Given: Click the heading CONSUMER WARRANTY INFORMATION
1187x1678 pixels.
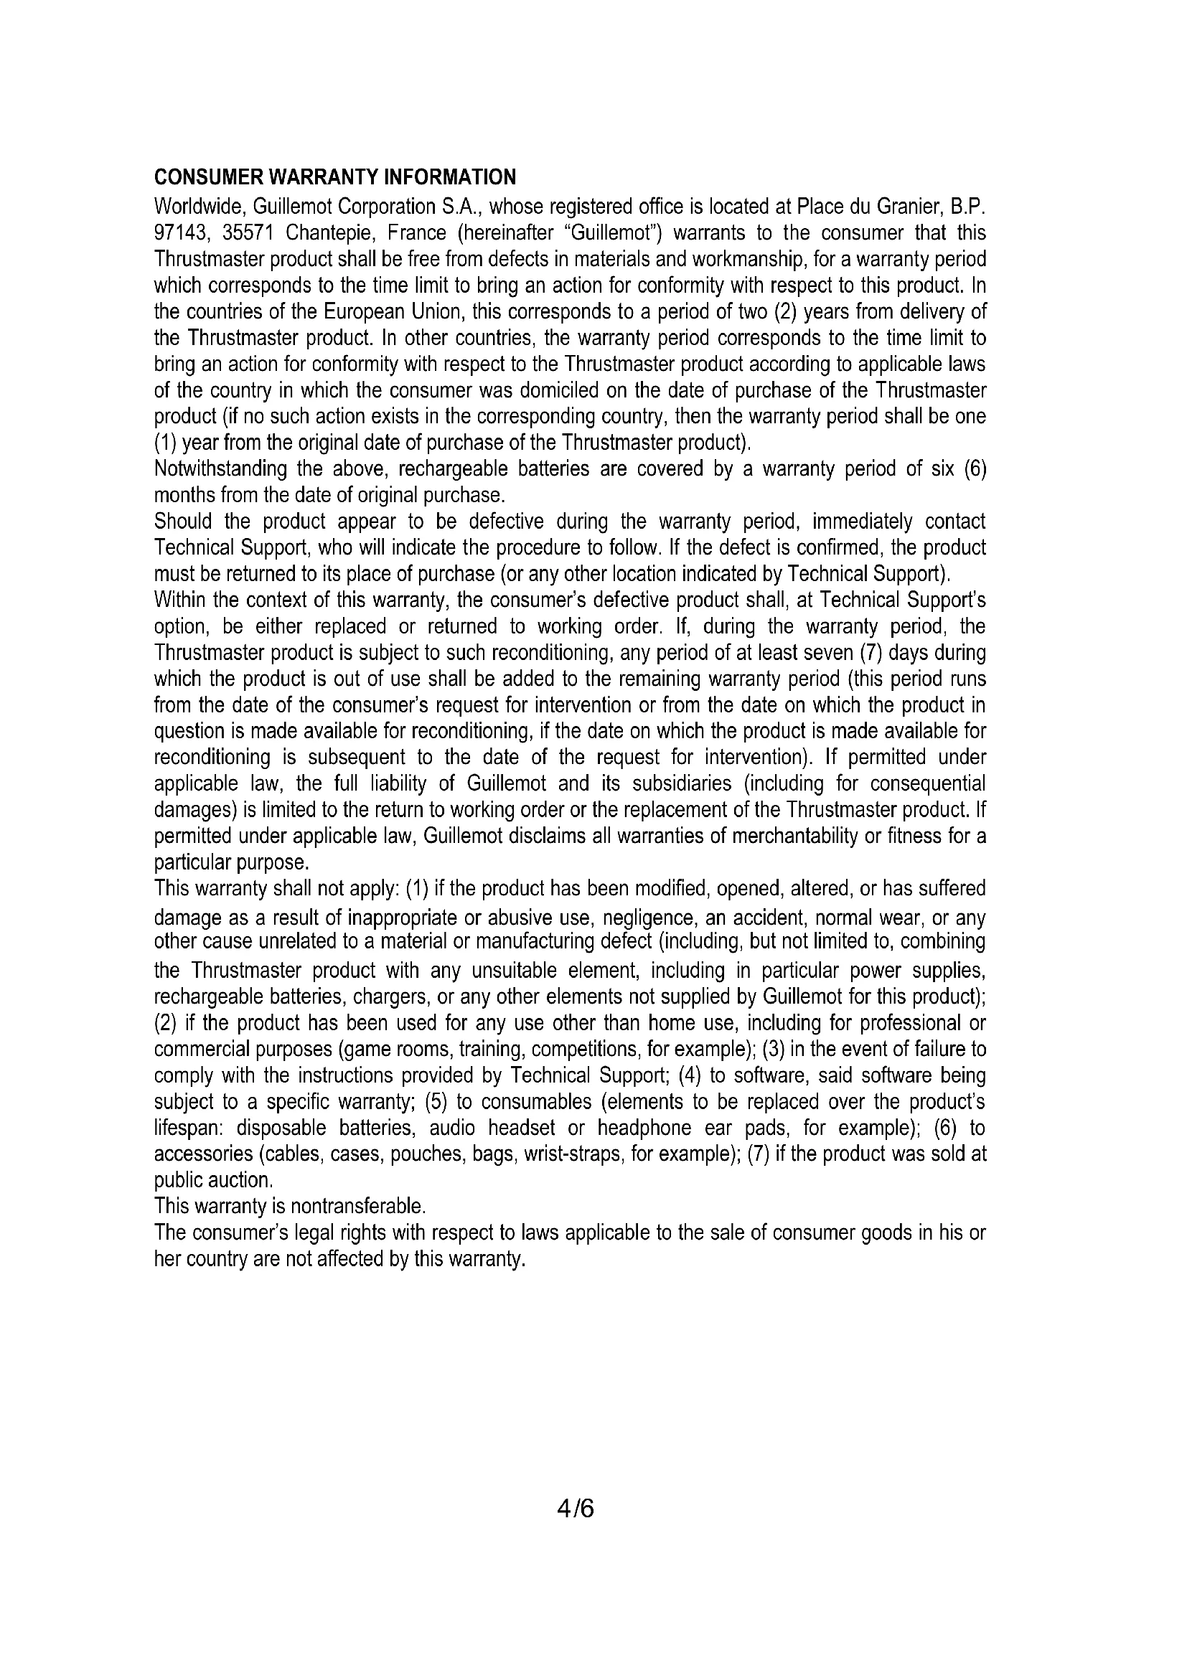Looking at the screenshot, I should [334, 177].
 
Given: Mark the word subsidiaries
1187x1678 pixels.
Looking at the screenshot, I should [674, 783].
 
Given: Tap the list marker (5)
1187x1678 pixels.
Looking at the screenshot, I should [437, 1101].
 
